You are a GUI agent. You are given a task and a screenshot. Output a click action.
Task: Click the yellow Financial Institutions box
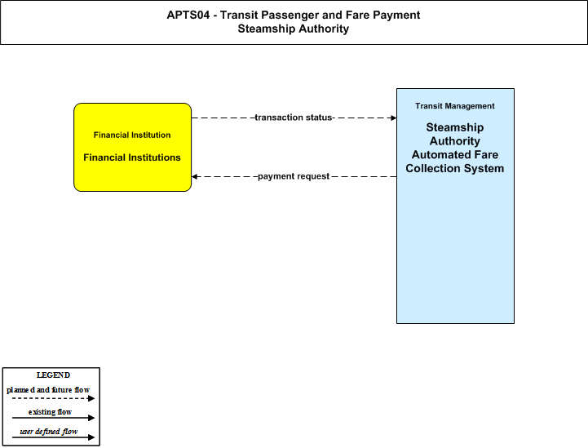tap(132, 147)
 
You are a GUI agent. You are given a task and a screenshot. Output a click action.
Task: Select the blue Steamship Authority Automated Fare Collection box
tap(455, 206)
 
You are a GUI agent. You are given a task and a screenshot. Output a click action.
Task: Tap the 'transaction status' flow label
tap(294, 118)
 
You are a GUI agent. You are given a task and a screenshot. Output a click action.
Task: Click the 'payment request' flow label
tap(294, 176)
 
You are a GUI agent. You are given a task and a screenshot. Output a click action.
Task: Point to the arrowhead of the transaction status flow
tap(394, 118)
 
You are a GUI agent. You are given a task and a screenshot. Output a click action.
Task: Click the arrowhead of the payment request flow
tap(194, 176)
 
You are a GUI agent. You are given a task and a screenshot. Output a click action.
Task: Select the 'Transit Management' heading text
tap(455, 106)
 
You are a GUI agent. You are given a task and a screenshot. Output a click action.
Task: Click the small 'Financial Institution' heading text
tap(132, 135)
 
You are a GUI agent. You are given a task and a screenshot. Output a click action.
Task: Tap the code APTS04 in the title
tap(188, 15)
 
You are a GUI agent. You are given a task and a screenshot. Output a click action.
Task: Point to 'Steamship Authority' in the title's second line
tap(294, 29)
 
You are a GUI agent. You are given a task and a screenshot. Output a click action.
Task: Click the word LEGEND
tap(53, 375)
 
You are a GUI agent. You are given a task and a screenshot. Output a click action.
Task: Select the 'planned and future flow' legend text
tap(48, 390)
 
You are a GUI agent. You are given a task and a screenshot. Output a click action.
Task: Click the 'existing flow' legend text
tap(50, 412)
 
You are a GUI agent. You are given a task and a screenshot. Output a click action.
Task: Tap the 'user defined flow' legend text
tap(49, 432)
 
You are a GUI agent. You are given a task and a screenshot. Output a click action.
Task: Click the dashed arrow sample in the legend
tap(53, 398)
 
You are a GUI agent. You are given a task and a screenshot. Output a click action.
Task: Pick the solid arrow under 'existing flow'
tap(53, 418)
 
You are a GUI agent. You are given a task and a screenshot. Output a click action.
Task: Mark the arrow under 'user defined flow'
tap(53, 437)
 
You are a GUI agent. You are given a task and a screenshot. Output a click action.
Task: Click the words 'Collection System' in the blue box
tap(455, 168)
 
